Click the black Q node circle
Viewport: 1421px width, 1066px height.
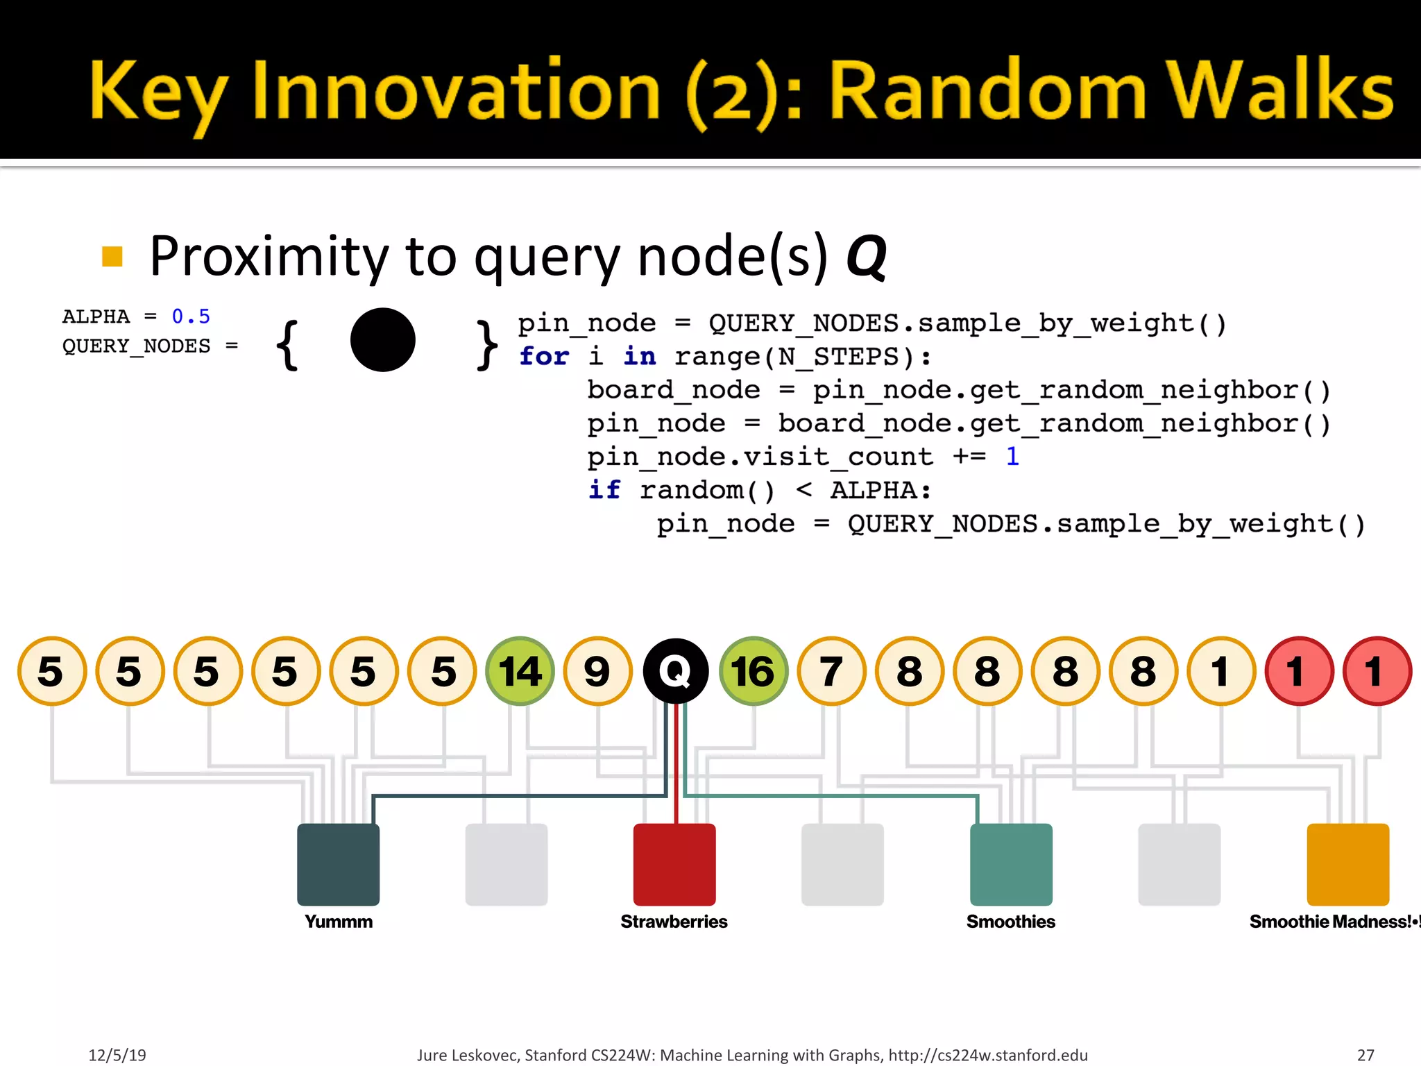675,670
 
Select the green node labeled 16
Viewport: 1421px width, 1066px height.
753,670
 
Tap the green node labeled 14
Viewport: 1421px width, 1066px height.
520,670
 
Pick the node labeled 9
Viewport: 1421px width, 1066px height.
597,670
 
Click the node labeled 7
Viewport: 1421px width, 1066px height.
831,670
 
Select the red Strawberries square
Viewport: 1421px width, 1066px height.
674,864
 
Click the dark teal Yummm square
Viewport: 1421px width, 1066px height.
338,864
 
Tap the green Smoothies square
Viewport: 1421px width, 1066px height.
1010,864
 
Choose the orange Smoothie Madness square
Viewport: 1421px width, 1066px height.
1347,864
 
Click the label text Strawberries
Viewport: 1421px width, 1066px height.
674,922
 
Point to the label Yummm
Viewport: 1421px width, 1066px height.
338,922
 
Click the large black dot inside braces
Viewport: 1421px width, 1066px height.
382,339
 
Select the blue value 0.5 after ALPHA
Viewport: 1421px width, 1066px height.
191,316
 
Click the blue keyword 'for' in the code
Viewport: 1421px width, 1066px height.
543,356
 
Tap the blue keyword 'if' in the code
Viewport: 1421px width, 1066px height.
604,489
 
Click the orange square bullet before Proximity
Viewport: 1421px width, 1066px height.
112,256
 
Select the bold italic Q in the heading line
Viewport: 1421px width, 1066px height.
866,257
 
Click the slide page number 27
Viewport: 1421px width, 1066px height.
1365,1055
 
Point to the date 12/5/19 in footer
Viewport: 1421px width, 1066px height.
117,1055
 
